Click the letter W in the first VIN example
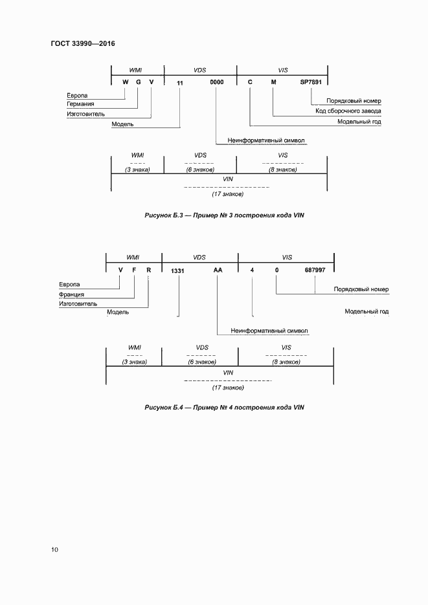coord(125,82)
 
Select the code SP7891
coord(311,82)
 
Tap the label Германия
coord(81,104)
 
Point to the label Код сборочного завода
coord(348,111)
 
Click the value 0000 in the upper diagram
coord(216,82)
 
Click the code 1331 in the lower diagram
coord(178,270)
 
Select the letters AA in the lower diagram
coord(218,270)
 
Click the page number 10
coord(54,550)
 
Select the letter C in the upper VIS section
coord(250,82)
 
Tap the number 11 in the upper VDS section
coord(180,82)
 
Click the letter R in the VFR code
coord(148,270)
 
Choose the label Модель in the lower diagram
coord(118,312)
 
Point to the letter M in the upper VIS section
coord(273,82)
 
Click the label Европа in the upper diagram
coord(78,94)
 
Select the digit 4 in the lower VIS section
coord(252,270)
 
